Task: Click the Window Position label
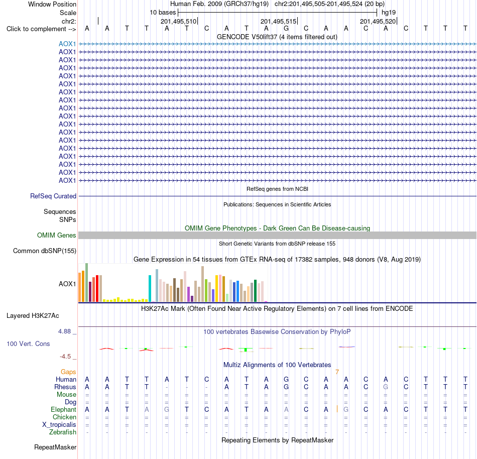[x=52, y=4]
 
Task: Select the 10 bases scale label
[x=163, y=13]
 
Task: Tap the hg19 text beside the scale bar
[x=389, y=13]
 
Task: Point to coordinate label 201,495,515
[x=278, y=21]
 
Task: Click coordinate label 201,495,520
[x=378, y=21]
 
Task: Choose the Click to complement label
[x=41, y=29]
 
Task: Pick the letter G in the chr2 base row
[x=286, y=29]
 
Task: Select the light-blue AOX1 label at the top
[x=67, y=44]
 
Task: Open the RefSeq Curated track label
[x=53, y=196]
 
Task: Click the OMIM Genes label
[x=56, y=235]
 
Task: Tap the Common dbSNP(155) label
[x=44, y=251]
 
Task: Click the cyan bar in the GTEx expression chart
[x=150, y=288]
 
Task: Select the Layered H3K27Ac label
[x=33, y=316]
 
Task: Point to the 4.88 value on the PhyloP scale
[x=64, y=331]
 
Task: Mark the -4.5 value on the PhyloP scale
[x=65, y=357]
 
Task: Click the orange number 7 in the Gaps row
[x=337, y=372]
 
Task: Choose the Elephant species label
[x=63, y=410]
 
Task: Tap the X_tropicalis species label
[x=59, y=425]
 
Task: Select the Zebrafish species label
[x=63, y=432]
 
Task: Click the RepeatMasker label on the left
[x=55, y=447]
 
